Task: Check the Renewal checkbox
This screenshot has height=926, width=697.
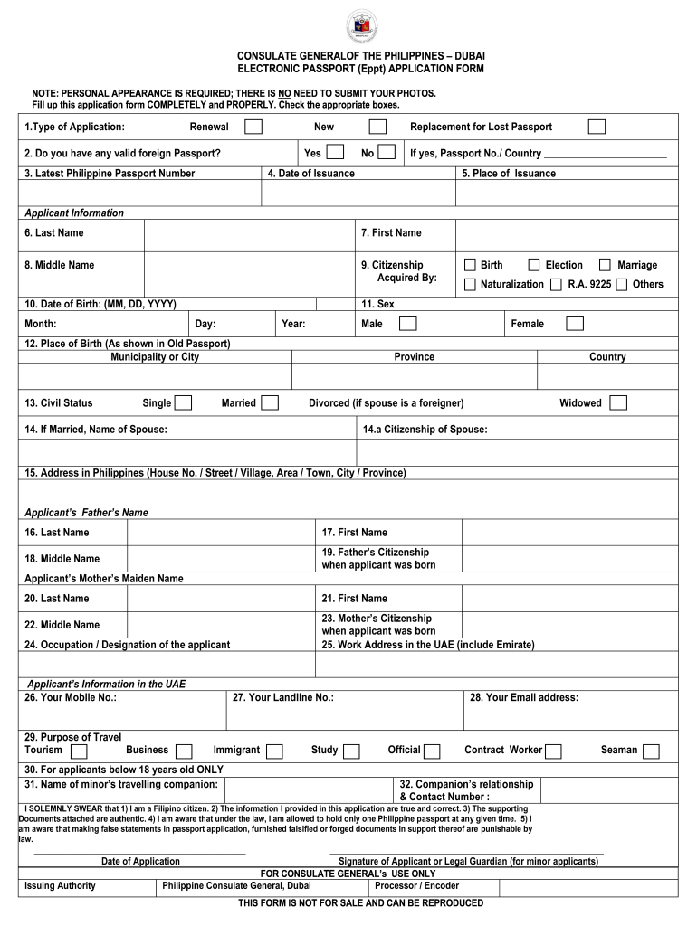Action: (x=254, y=127)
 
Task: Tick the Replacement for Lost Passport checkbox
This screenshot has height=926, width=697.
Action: (x=597, y=127)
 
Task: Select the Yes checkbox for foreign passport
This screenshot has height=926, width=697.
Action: (x=335, y=152)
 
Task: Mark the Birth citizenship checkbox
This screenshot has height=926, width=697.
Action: (x=470, y=265)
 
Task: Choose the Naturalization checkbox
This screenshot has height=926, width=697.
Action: (x=470, y=285)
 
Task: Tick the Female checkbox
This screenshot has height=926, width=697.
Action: (x=575, y=323)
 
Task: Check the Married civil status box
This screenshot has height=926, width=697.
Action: (x=269, y=402)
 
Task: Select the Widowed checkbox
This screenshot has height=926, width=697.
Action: (x=618, y=402)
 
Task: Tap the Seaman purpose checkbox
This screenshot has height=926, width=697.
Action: (x=651, y=751)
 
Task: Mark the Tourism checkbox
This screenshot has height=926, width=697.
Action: (x=79, y=751)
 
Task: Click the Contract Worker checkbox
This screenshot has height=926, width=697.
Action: (x=554, y=751)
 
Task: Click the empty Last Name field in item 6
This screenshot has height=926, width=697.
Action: (x=250, y=233)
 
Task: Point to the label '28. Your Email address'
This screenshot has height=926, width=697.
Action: (x=523, y=697)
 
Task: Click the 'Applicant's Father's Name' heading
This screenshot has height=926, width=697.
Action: (x=86, y=513)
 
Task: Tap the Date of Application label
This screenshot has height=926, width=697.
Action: (x=140, y=862)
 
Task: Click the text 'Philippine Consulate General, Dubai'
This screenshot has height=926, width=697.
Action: (x=236, y=886)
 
